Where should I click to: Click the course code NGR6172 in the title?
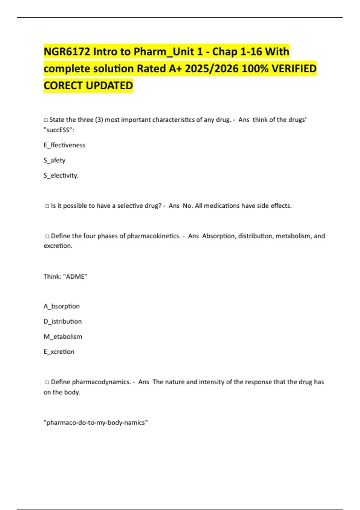pyautogui.click(x=67, y=52)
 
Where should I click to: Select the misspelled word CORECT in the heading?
pyautogui.click(x=63, y=86)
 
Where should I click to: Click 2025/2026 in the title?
pyautogui.click(x=211, y=69)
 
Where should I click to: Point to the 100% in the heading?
pyautogui.click(x=255, y=69)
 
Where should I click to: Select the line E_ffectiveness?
pyautogui.click(x=64, y=145)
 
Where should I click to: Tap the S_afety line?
pyautogui.click(x=54, y=160)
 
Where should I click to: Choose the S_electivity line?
pyautogui.click(x=61, y=175)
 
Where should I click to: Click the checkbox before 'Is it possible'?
pyautogui.click(x=47, y=206)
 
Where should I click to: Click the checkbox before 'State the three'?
pyautogui.click(x=46, y=120)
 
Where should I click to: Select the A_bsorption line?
pyautogui.click(x=61, y=306)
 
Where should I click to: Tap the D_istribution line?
pyautogui.click(x=63, y=322)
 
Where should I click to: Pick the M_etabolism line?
pyautogui.click(x=63, y=337)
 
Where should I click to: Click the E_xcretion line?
pyautogui.click(x=59, y=352)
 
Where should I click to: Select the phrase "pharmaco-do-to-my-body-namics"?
pyautogui.click(x=96, y=423)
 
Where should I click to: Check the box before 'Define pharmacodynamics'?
pyautogui.click(x=47, y=382)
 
